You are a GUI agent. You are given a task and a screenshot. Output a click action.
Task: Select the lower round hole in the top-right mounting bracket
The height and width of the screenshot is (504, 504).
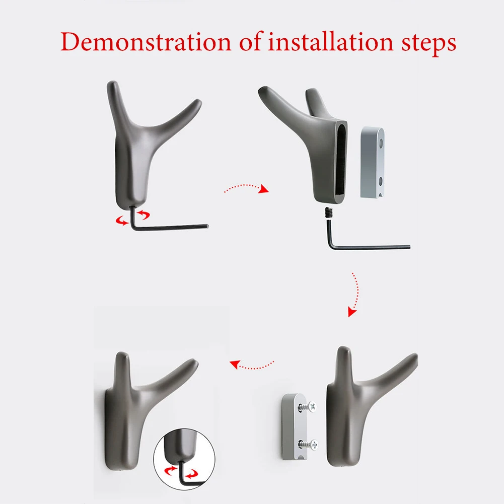(381, 180)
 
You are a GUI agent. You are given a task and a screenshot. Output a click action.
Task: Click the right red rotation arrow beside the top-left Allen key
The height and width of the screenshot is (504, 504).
(145, 215)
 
